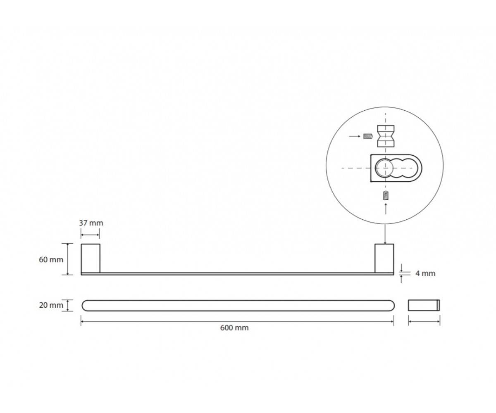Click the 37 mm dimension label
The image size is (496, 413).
coord(91,223)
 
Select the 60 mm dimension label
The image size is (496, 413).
coord(51,260)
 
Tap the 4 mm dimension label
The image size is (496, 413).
coord(425,273)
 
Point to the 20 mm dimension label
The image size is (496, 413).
coord(51,305)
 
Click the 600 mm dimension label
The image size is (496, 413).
coord(234,328)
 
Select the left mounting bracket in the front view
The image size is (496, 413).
coord(91,258)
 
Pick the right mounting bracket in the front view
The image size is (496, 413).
coord(384,258)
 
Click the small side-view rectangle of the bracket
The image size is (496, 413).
coord(424,305)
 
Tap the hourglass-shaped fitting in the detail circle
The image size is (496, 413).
coord(386,136)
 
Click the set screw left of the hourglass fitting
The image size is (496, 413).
coord(368,136)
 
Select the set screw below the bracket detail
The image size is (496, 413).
coord(386,195)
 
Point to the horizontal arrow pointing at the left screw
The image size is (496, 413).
coord(355,136)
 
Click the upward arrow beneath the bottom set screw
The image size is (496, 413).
coord(386,209)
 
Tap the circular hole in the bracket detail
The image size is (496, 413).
coord(384,168)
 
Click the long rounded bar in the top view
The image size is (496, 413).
coord(238,306)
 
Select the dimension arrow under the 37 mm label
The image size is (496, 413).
coord(90,235)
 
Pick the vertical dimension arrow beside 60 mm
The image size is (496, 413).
coord(68,259)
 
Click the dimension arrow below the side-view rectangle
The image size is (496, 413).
coord(424,322)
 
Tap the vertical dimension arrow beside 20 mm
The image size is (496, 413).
coord(68,305)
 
